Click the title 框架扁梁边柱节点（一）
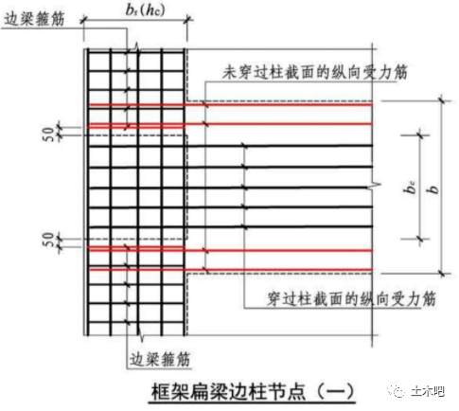pos(252,391)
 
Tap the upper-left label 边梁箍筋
pos(34,19)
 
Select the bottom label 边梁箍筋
pos(160,359)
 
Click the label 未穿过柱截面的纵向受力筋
pos(314,72)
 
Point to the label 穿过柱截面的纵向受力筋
pos(351,298)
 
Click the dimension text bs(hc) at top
pos(145,9)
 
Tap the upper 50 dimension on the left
pos(48,134)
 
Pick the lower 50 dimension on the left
pos(48,240)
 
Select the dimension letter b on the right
pos(434,189)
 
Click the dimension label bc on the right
pos(410,187)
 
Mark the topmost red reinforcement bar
pos(231,105)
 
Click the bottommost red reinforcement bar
pos(231,270)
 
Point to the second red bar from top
pos(231,124)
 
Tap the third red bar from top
pos(231,250)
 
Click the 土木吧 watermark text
pos(428,391)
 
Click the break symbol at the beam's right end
pos(374,186)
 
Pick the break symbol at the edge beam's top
pos(136,47)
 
